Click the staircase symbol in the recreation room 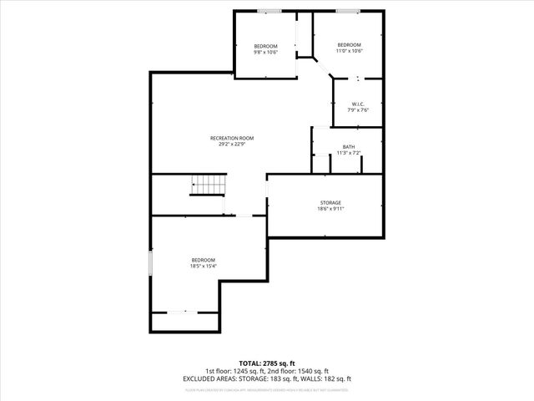207,185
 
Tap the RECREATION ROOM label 231,138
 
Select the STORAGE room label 330,202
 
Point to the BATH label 347,147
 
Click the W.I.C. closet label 358,104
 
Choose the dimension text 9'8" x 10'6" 265,52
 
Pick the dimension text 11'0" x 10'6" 349,50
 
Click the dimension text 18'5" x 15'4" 204,266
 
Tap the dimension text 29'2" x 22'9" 231,144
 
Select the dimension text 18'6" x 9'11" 330,208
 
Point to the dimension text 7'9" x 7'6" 358,110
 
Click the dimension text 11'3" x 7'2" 347,153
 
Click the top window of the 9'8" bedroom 268,11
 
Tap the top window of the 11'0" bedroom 349,11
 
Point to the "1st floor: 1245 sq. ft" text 234,371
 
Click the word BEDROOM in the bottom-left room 204,260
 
